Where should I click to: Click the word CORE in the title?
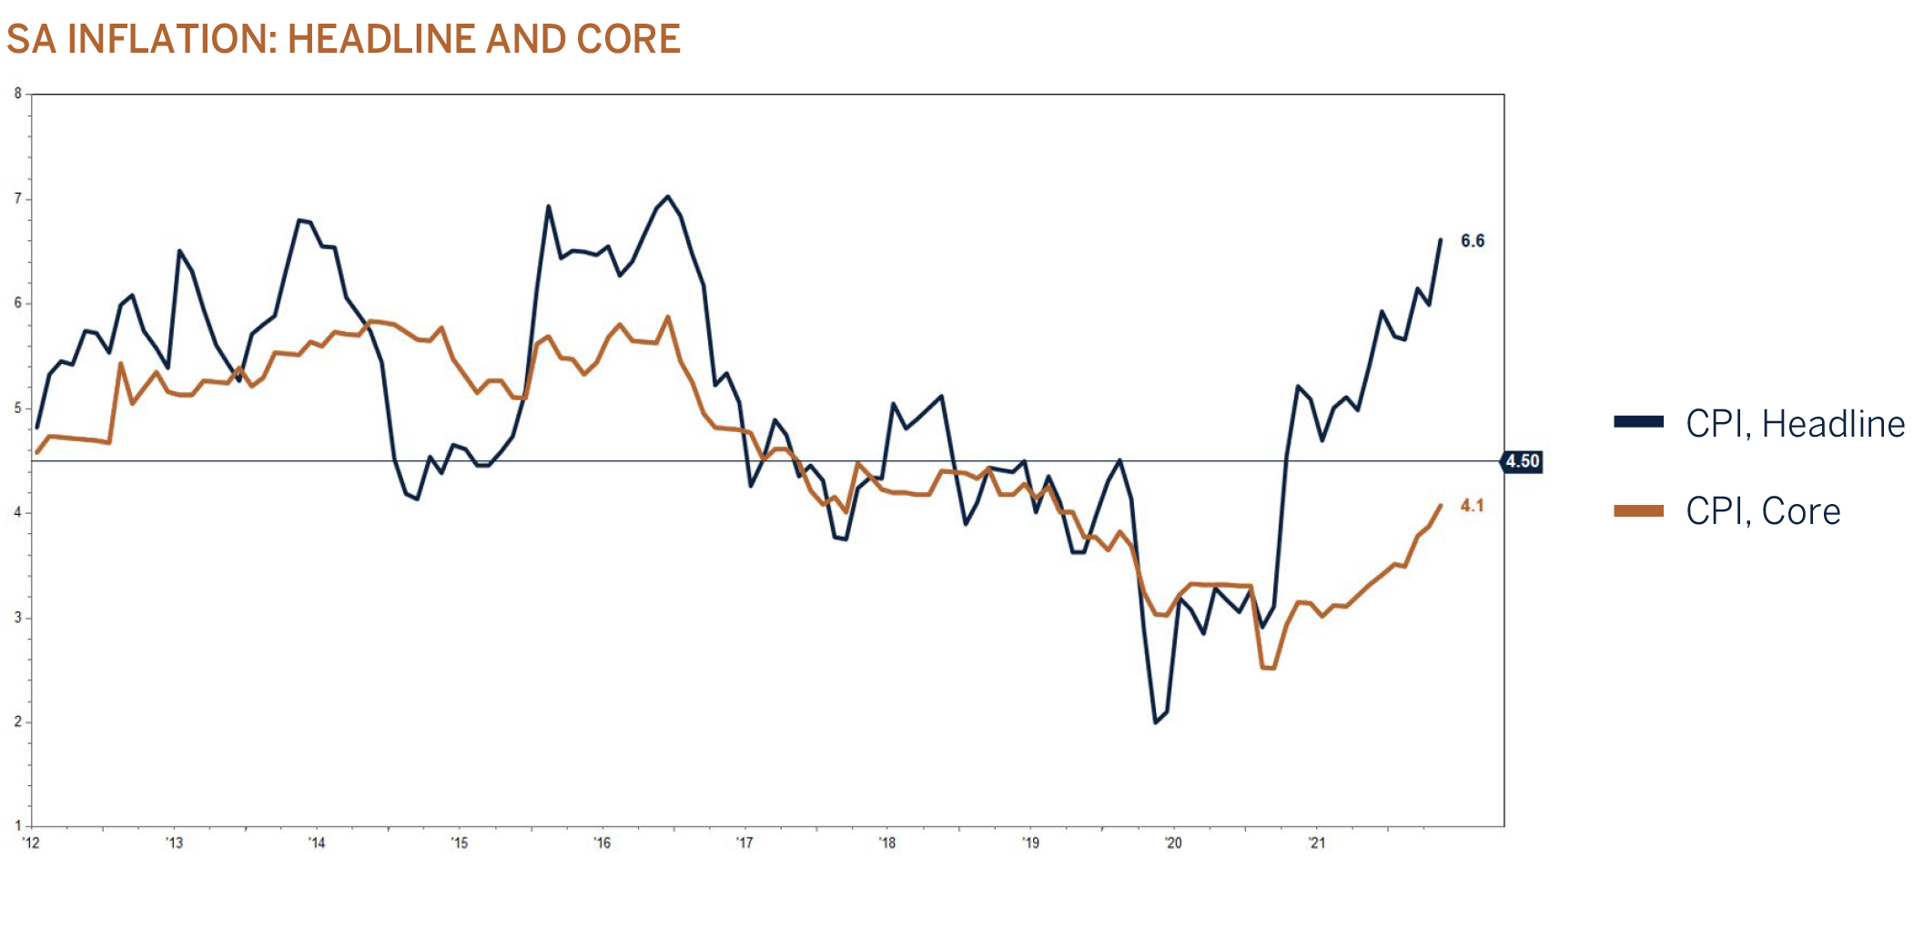[628, 39]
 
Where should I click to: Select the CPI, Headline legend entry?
[1794, 424]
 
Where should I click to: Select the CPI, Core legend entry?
[1762, 511]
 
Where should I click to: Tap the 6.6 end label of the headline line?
[1472, 241]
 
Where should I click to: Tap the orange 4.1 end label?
[1472, 506]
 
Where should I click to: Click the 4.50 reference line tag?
[1522, 461]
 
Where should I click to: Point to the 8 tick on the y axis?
[18, 94]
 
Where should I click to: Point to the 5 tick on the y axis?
[18, 408]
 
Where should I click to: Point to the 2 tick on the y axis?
[18, 722]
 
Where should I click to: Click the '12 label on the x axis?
[32, 843]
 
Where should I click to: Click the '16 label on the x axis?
[603, 843]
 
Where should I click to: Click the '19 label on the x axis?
[1030, 843]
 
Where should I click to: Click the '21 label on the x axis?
[1316, 843]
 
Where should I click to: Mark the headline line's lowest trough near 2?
[1156, 722]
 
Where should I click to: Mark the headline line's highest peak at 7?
[668, 196]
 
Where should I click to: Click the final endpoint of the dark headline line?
[1441, 240]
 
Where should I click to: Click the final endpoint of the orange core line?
[1441, 506]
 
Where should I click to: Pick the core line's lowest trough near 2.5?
[1268, 668]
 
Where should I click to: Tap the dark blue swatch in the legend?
[1638, 422]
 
